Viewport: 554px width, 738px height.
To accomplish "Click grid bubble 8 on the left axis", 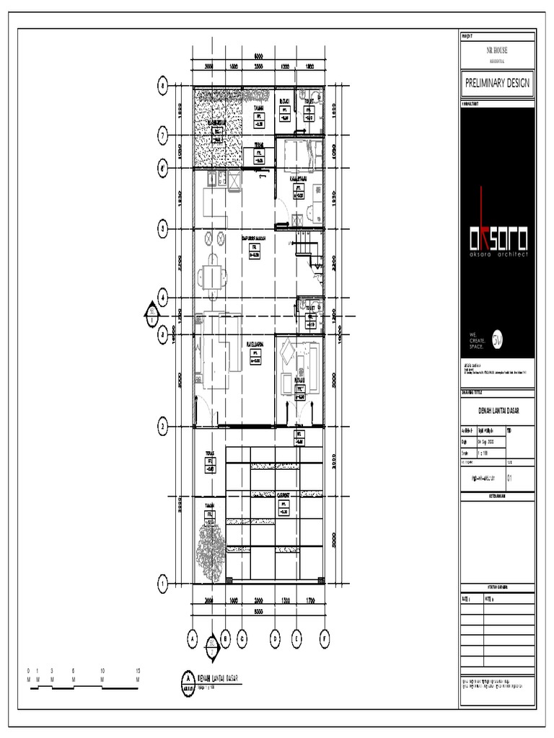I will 163,86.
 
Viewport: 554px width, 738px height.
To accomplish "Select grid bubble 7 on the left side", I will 163,135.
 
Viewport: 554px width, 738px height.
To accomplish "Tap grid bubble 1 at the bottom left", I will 163,583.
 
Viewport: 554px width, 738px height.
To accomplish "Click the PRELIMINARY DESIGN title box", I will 497,83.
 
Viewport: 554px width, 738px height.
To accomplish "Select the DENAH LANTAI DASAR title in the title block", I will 497,411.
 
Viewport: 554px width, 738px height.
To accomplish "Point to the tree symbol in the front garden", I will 211,551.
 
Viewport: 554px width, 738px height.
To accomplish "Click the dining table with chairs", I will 212,276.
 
